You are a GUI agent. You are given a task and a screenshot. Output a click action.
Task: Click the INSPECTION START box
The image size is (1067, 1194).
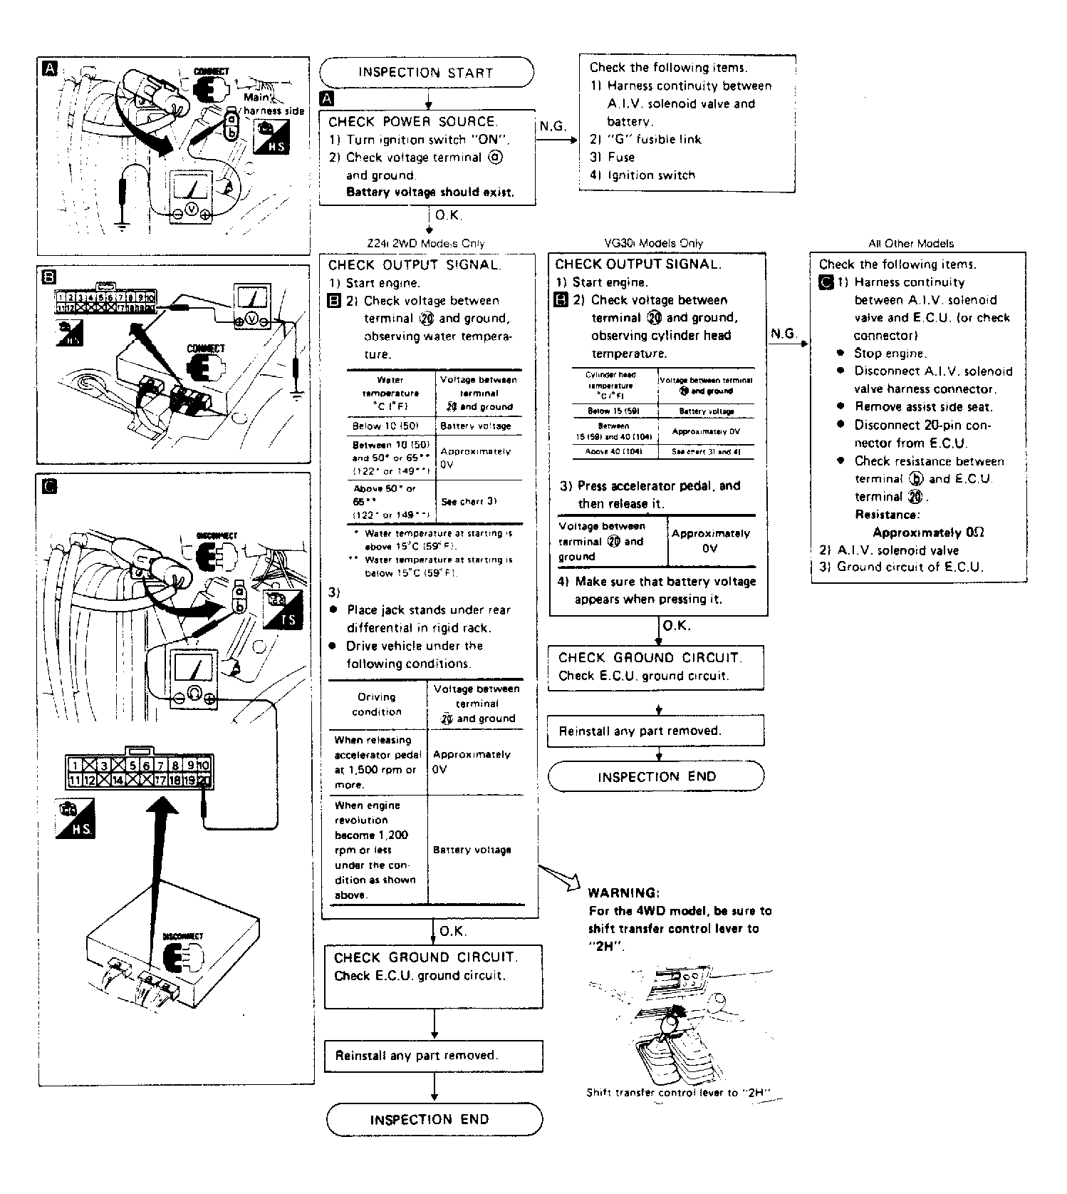426,73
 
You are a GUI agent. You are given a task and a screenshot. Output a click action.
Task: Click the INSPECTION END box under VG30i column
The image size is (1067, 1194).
656,776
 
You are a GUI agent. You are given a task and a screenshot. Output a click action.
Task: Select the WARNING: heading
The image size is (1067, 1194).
623,892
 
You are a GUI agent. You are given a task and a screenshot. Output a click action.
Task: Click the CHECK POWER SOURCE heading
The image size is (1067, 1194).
413,122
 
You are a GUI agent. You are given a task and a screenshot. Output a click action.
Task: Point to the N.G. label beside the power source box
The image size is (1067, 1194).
552,127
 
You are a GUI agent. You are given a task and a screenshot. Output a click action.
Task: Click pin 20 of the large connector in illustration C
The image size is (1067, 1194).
204,781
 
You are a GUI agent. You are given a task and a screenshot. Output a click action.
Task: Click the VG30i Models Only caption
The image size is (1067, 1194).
652,243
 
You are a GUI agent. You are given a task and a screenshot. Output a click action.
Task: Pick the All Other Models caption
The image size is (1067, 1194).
910,243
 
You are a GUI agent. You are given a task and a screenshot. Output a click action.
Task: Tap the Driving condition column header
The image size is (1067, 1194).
377,704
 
